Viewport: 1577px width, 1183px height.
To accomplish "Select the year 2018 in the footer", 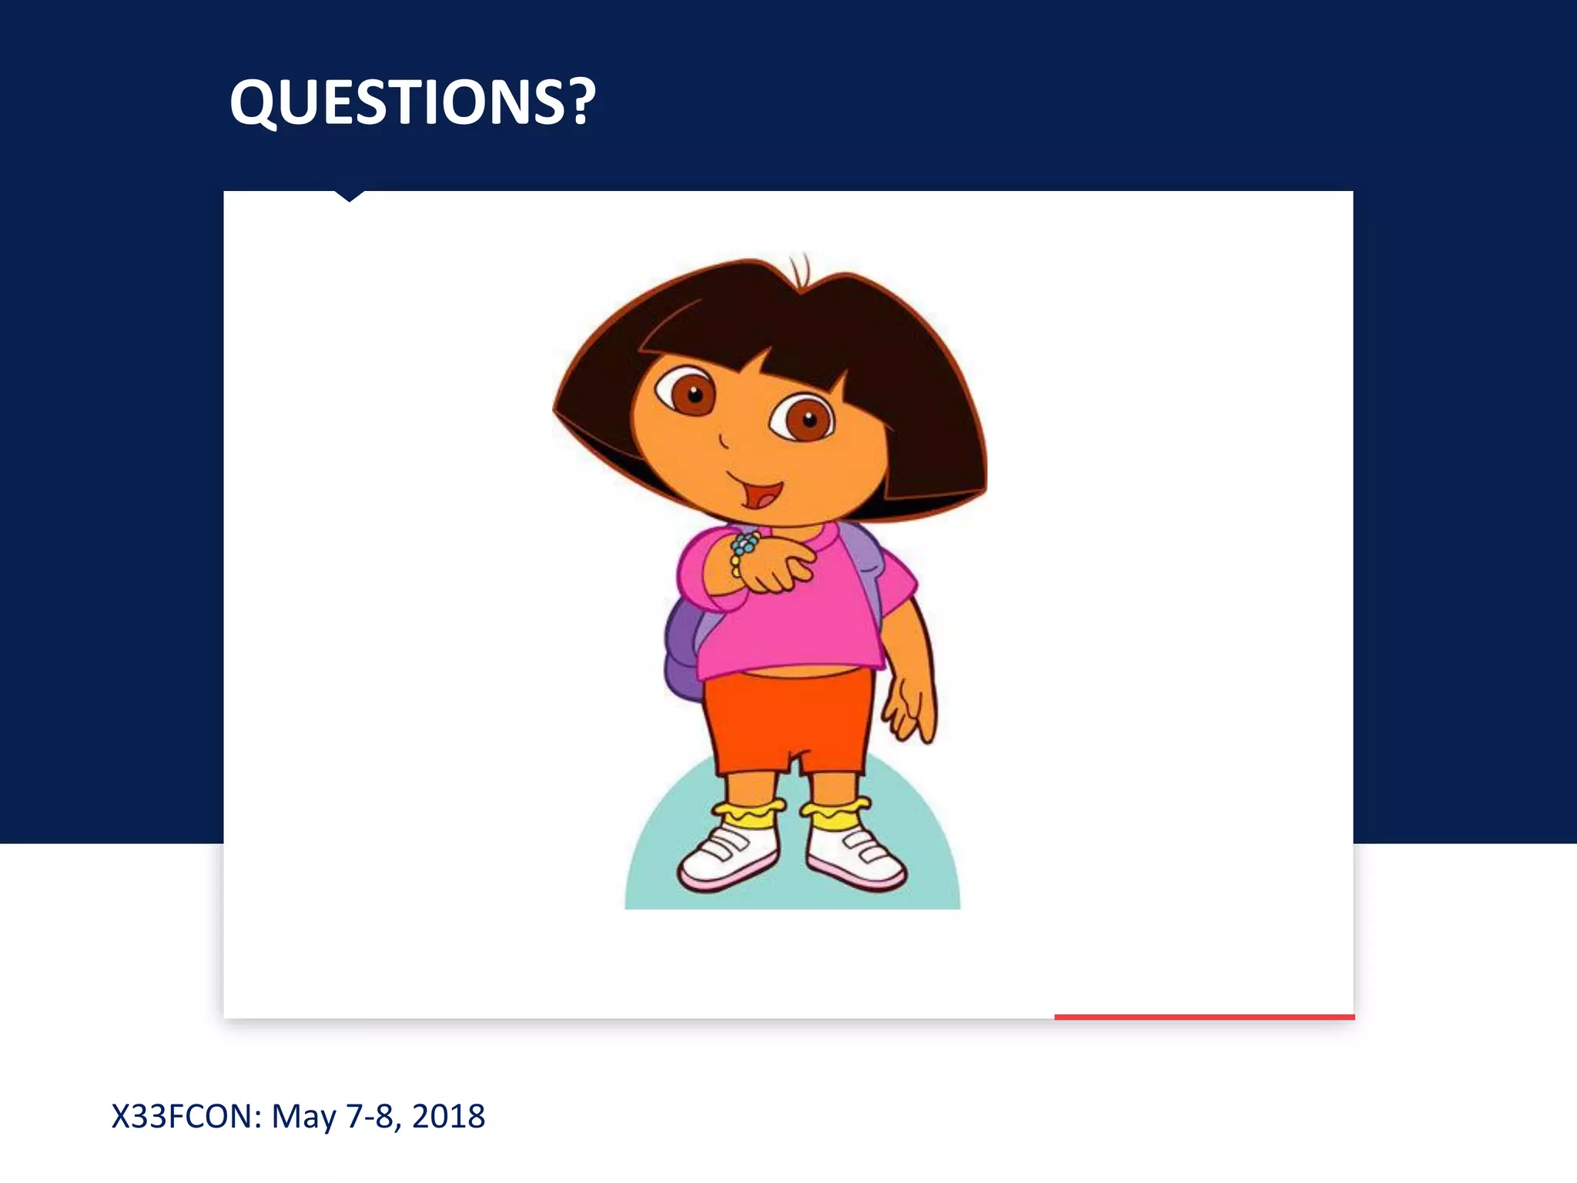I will coord(449,1116).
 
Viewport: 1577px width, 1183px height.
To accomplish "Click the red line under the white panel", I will coord(1204,1017).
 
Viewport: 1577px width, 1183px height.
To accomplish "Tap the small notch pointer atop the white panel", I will coord(350,196).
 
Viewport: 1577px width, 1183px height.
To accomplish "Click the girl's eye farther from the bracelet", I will coord(804,419).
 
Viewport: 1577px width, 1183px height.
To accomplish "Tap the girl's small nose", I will coord(723,441).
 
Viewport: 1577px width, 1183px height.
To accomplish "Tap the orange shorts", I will coord(789,720).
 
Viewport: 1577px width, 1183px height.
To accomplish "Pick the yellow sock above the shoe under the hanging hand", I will coord(835,813).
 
